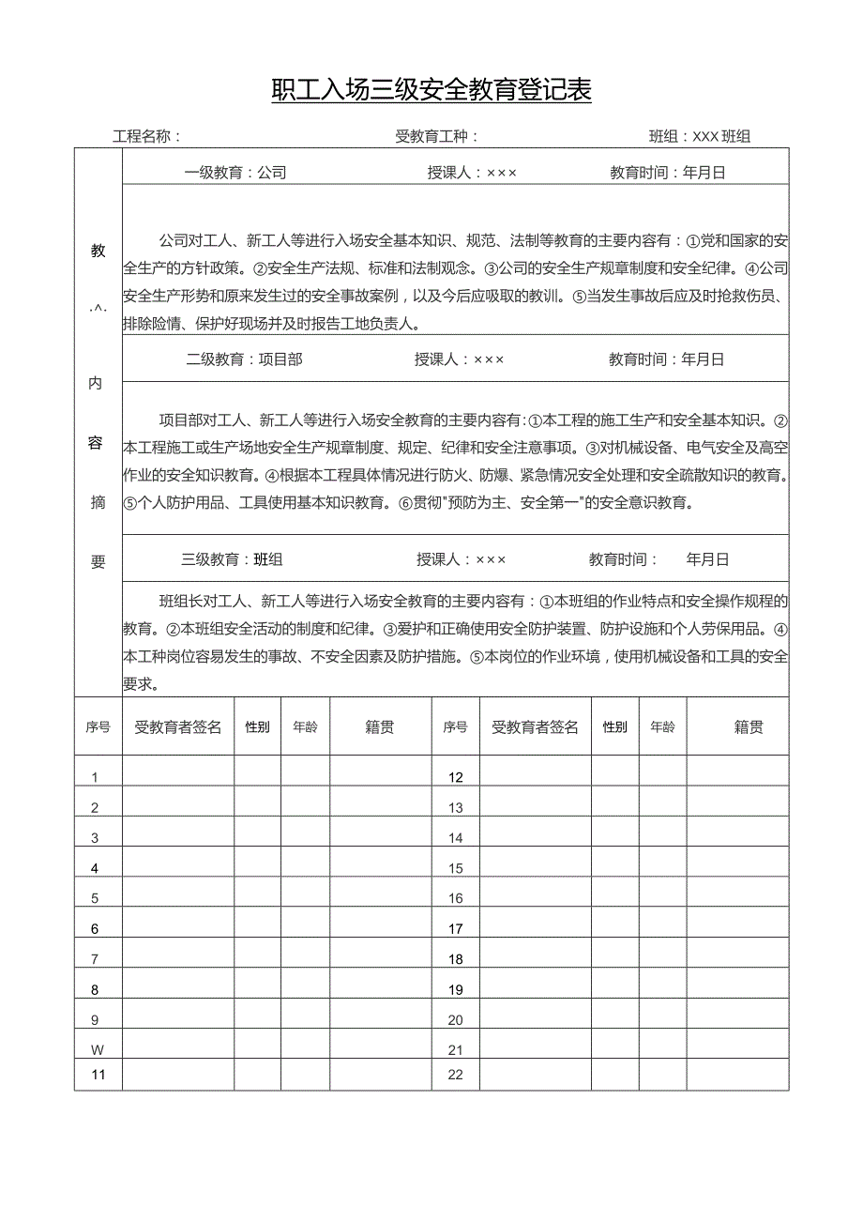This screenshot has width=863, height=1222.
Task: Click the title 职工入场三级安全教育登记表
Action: (431, 90)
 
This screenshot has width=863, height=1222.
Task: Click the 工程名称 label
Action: (146, 136)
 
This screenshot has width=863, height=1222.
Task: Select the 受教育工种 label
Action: (436, 136)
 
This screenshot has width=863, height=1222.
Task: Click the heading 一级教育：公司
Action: (235, 173)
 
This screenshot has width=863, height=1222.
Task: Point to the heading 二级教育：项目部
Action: (244, 359)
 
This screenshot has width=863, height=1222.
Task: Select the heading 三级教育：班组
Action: (232, 559)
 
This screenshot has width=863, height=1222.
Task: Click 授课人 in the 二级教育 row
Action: (460, 359)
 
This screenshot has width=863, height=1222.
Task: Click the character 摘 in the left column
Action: (98, 502)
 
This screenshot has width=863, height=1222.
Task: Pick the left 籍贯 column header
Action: (380, 726)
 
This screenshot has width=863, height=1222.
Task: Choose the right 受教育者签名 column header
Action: (535, 726)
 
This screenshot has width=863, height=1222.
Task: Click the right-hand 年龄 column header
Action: (662, 726)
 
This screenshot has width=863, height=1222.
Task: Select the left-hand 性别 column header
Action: (257, 726)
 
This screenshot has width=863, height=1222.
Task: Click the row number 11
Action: (98, 1075)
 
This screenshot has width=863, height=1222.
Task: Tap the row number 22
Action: (456, 1075)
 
